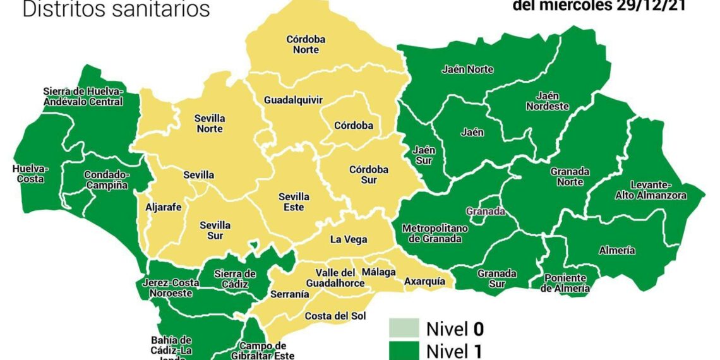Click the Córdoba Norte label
click(306, 44)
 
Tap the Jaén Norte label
click(467, 69)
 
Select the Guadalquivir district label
click(293, 100)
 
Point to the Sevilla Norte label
click(210, 123)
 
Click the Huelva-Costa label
click(30, 174)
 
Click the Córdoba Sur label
click(369, 175)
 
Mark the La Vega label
click(349, 239)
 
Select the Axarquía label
click(424, 281)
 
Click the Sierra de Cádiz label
click(234, 279)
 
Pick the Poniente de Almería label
click(566, 283)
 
